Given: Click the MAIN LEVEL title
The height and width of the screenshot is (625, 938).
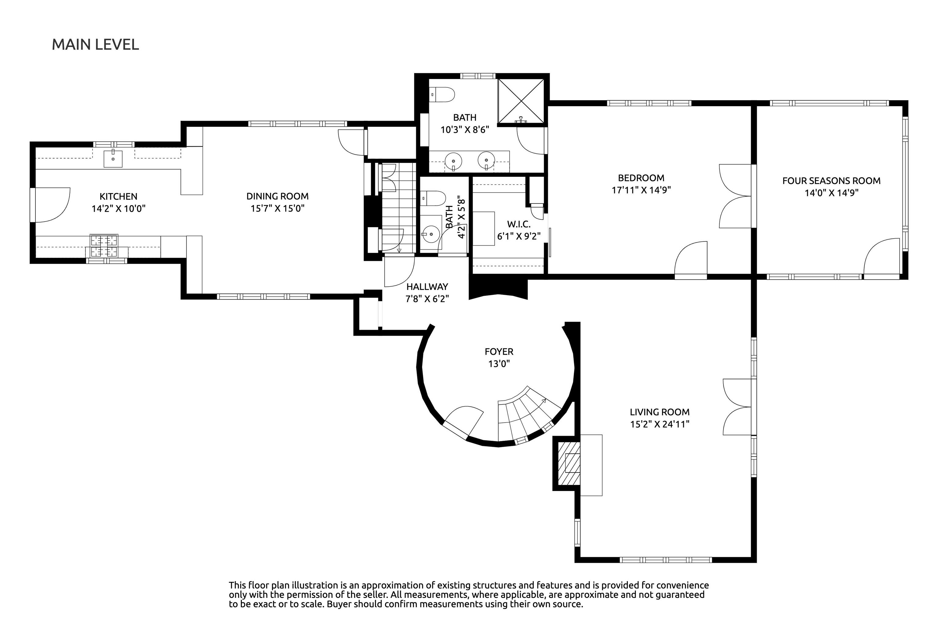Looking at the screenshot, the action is [95, 44].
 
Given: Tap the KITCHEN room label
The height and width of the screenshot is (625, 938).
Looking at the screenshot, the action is [118, 196].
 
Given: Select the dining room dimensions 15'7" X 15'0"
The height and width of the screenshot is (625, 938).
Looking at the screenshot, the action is [277, 208].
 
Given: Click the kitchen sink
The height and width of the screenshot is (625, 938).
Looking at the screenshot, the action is [113, 158].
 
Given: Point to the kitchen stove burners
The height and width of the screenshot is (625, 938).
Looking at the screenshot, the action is [104, 246].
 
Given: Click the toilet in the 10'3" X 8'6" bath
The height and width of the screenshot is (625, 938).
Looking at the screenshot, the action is [443, 95].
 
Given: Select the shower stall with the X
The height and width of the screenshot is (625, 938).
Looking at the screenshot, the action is [521, 100].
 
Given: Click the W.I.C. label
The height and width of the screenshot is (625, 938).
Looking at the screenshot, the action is [518, 224].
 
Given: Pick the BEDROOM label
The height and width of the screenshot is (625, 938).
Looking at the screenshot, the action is [641, 178].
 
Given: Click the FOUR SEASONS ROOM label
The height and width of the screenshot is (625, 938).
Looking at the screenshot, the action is [831, 181].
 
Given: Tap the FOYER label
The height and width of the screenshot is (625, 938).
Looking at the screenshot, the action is [499, 352].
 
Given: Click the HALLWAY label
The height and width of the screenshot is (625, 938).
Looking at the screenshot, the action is [427, 287].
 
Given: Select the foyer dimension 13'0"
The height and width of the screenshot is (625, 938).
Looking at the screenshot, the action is [499, 363].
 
